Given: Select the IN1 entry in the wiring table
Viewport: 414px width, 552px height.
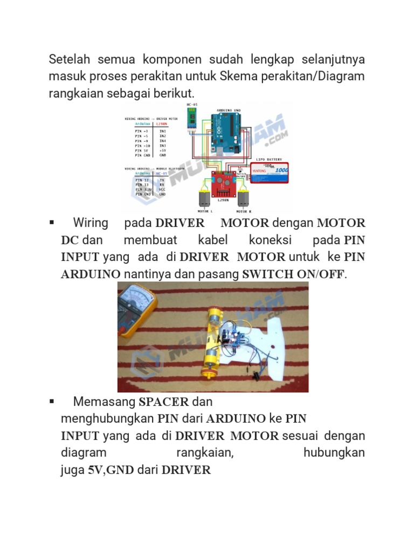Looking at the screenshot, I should tap(162, 130).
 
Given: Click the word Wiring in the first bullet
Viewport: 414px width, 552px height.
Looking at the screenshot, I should tap(91, 223).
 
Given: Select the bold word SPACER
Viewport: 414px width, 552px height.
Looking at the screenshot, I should tap(164, 402).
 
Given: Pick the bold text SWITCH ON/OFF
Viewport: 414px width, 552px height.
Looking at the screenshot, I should tap(293, 274).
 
